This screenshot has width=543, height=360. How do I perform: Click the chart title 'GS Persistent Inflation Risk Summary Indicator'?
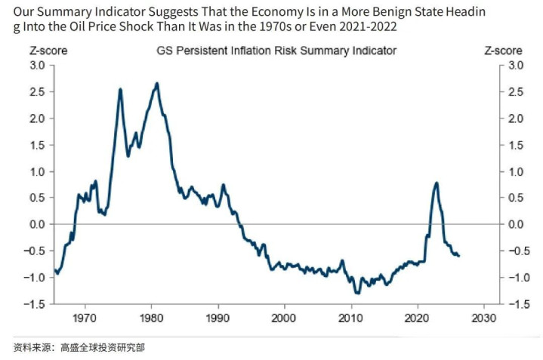tap(276, 51)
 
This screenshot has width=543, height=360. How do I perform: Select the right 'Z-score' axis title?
tap(502, 51)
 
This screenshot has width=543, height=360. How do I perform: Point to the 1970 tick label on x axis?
tap(85, 317)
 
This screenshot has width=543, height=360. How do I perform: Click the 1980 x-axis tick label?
tap(151, 317)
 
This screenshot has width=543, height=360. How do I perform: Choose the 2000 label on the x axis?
tap(285, 317)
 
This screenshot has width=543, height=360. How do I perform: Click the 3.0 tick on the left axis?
tap(37, 66)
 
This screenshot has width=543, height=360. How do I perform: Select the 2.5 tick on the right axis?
tap(515, 92)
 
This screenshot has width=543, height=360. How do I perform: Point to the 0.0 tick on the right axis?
tap(515, 225)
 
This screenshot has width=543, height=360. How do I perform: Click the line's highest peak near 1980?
tap(156, 83)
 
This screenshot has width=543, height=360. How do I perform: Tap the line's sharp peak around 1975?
tap(121, 89)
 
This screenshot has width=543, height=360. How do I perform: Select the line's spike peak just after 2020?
tap(437, 183)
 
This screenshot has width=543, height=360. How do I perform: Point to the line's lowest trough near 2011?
tap(356, 292)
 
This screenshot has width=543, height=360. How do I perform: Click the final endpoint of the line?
tap(458, 256)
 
